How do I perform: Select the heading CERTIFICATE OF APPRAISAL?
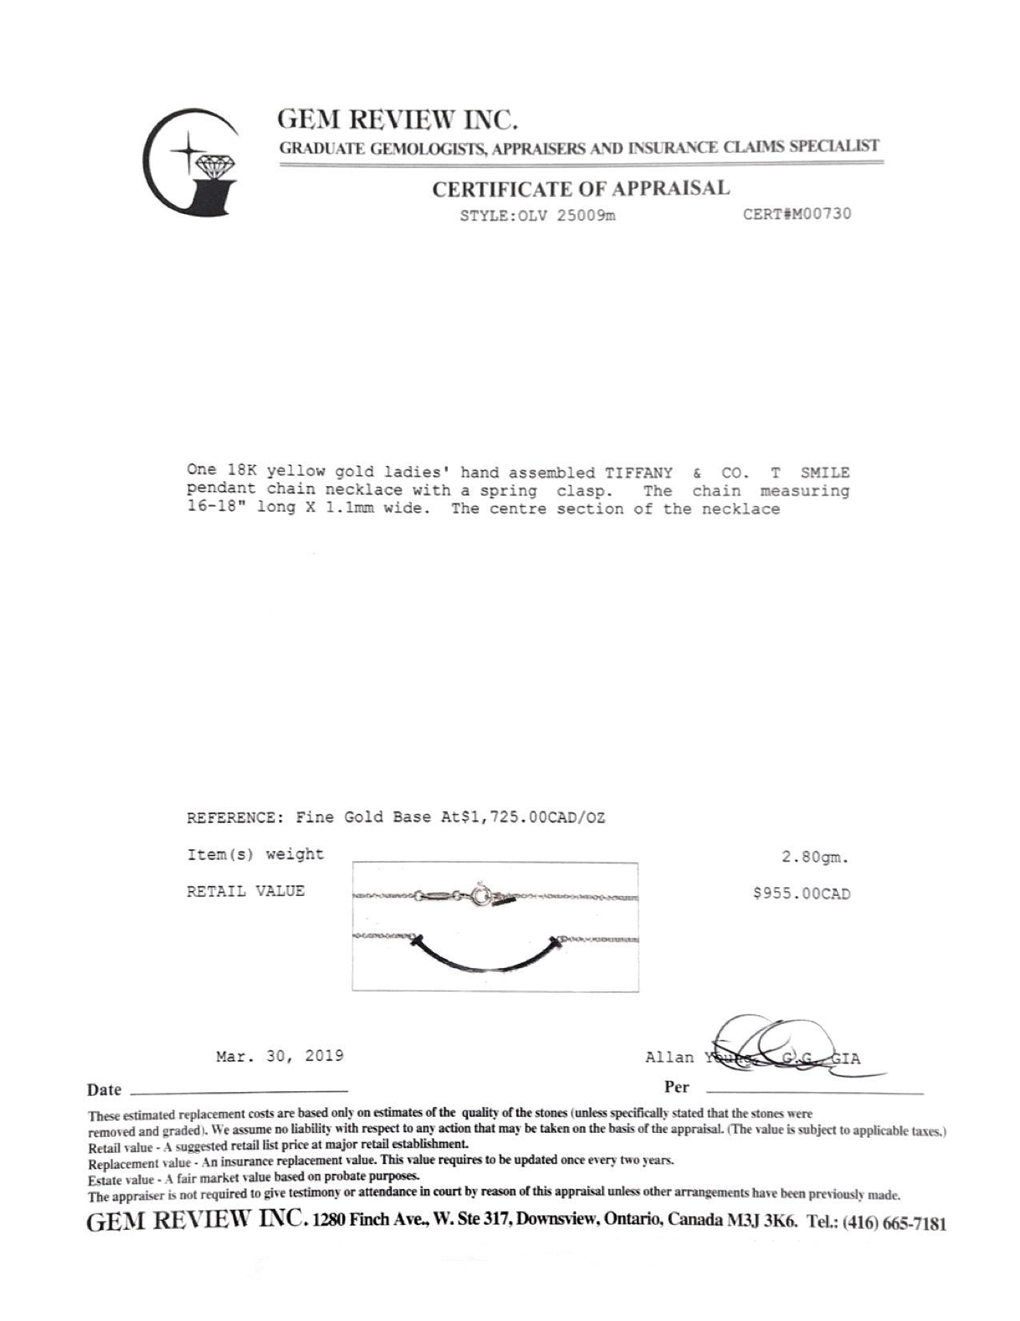[x=581, y=189]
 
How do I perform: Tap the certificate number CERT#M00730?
[x=797, y=214]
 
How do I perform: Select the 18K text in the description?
[x=238, y=472]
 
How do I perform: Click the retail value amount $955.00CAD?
[x=801, y=893]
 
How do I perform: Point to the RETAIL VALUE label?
[x=246, y=891]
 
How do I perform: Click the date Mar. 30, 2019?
[x=280, y=1056]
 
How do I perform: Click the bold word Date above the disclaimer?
[x=104, y=1090]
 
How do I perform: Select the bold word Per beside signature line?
[x=676, y=1087]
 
